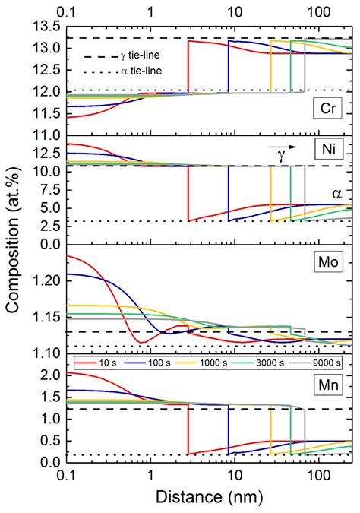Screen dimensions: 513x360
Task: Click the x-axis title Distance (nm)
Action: [202, 499]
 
